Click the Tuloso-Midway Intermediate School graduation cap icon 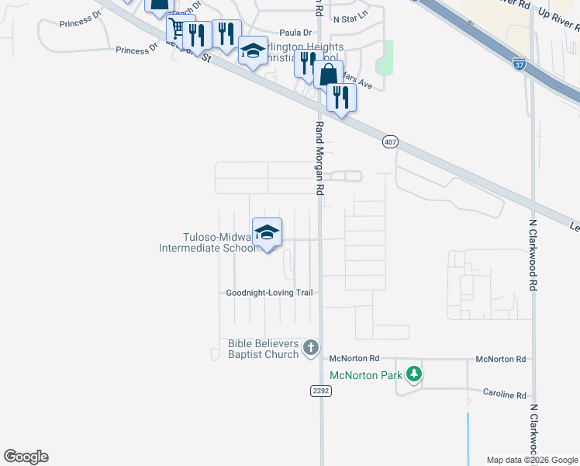point(267,232)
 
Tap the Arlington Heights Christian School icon point(253,51)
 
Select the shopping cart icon point(178,30)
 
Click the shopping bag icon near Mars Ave point(329,75)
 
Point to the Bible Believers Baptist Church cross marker point(311,347)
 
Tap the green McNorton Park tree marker point(415,375)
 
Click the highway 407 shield point(389,142)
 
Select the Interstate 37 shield point(519,61)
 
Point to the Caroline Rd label point(504,394)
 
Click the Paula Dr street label point(295,33)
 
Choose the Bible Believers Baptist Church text point(263,349)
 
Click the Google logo point(26,457)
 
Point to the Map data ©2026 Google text point(531,460)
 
